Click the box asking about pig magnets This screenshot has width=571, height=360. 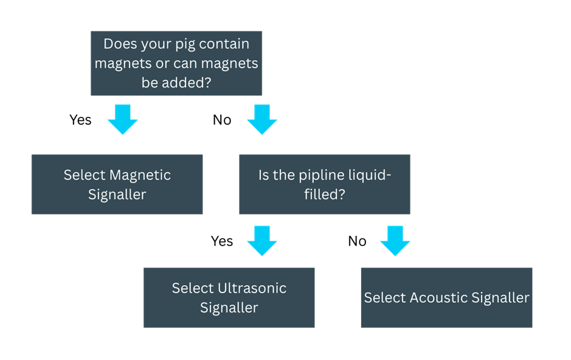click(176, 63)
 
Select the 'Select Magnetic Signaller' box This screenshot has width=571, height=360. click(117, 184)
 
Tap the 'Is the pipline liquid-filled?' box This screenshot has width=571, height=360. click(324, 184)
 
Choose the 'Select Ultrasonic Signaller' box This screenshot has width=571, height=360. click(229, 297)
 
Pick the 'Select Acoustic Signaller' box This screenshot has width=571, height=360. click(446, 297)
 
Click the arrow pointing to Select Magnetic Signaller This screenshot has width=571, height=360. click(122, 119)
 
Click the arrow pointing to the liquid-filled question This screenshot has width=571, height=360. click(262, 119)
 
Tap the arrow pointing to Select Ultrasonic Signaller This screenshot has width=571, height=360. click(262, 241)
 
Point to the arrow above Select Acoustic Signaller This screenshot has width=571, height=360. click(395, 241)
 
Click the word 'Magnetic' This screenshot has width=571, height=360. click(140, 175)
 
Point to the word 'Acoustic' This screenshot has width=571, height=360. click(438, 298)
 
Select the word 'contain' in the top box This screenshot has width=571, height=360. click(225, 44)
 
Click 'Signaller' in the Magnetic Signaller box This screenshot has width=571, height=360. click(117, 195)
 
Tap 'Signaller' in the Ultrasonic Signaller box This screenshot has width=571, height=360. click(229, 308)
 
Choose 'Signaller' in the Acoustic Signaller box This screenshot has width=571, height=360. click(498, 298)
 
